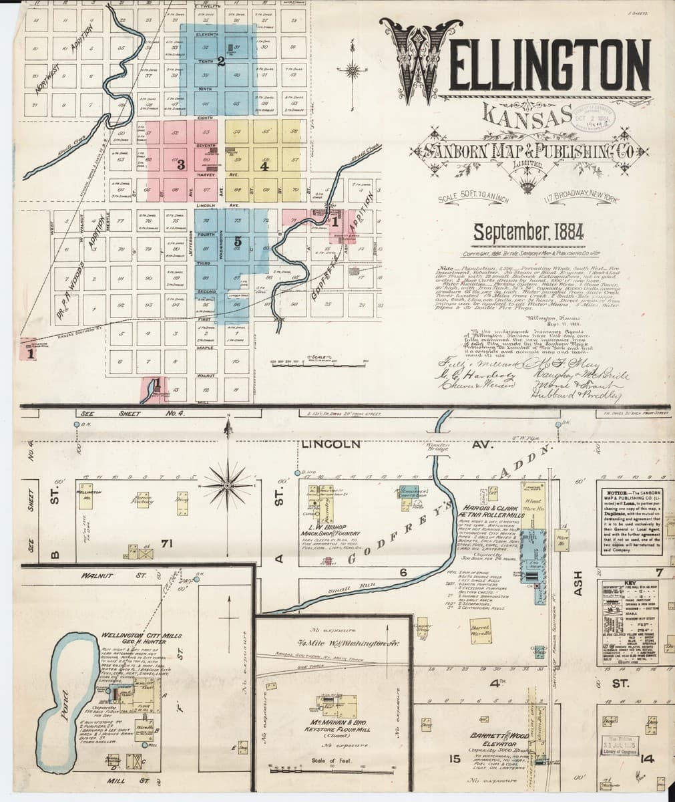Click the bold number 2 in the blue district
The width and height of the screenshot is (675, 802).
[220, 61]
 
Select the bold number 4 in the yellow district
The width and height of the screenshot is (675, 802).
[264, 166]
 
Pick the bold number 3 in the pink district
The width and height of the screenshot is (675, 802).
[181, 165]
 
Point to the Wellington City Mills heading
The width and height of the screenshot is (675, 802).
[142, 638]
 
